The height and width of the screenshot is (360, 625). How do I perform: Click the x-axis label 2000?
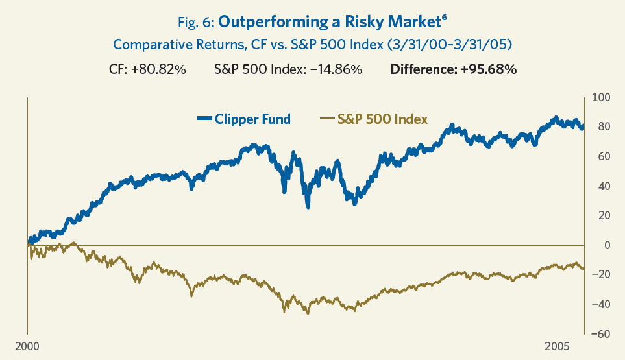tap(27, 344)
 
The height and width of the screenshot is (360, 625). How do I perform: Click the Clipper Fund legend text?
tap(252, 119)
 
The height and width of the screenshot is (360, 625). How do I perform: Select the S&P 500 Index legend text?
tap(382, 119)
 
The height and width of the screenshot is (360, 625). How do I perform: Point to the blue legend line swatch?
tap(204, 119)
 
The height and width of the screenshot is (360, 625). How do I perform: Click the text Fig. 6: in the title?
tap(196, 22)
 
